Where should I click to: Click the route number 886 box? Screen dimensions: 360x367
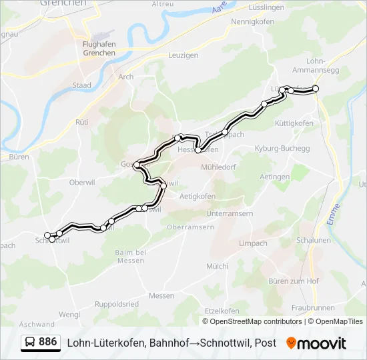coord(40,343)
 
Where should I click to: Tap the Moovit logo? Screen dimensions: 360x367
coord(316,343)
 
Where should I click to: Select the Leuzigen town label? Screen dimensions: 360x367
coord(183,55)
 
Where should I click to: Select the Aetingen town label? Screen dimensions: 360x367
coord(275,177)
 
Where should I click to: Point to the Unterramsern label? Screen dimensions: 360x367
coord(230,213)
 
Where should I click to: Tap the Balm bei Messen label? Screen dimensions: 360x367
coord(130,256)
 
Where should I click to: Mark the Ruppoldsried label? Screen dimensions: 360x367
coord(117,304)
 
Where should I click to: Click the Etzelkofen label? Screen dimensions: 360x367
coord(222,311)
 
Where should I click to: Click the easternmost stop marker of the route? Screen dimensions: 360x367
coord(316,89)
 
